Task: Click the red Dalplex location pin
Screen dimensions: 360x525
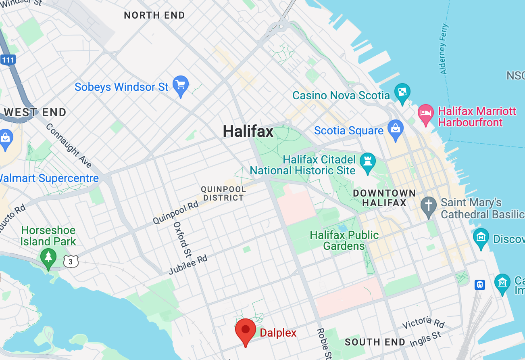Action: tap(246, 331)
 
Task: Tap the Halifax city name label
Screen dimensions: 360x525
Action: tap(248, 131)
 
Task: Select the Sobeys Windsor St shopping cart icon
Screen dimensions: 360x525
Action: tap(180, 85)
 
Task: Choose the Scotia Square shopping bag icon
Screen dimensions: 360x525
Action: tap(395, 129)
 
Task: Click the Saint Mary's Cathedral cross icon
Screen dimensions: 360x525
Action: tap(428, 206)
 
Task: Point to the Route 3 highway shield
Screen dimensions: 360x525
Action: tap(71, 262)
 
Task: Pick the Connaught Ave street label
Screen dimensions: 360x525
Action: tap(69, 145)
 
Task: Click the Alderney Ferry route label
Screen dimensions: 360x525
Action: tap(444, 49)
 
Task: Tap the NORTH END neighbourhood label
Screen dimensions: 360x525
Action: tap(154, 15)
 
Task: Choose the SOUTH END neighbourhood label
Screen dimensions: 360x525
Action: tap(375, 342)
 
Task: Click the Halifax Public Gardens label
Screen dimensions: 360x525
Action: tap(344, 240)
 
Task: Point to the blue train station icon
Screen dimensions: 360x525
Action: tap(479, 285)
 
